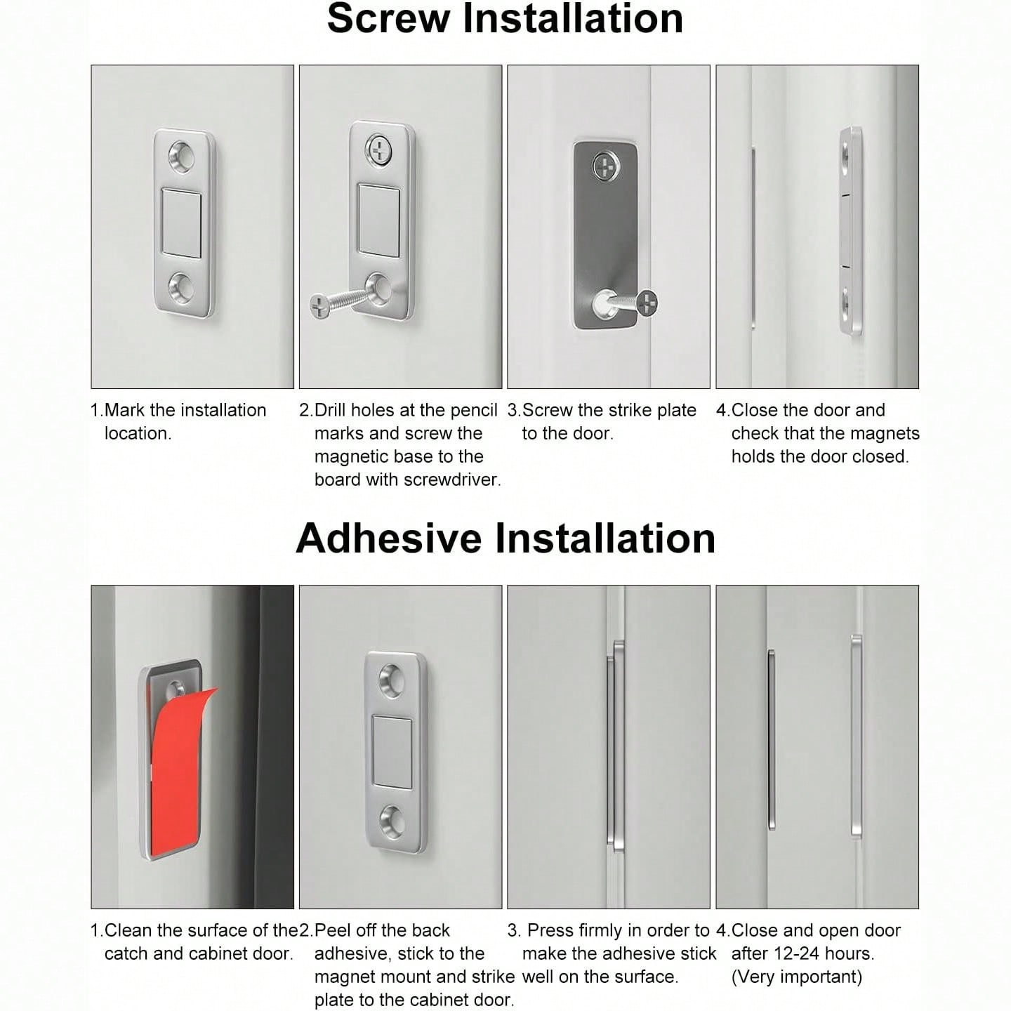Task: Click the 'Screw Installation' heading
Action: (x=505, y=19)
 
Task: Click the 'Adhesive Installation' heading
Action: (x=505, y=538)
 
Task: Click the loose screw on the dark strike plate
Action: (x=630, y=304)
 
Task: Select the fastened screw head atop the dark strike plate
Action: (x=606, y=167)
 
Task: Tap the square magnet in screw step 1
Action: (x=182, y=223)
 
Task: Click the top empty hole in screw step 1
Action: (x=182, y=157)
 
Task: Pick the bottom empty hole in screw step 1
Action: (x=182, y=287)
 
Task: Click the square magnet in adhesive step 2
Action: (x=392, y=753)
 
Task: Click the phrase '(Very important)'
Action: (x=797, y=977)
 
